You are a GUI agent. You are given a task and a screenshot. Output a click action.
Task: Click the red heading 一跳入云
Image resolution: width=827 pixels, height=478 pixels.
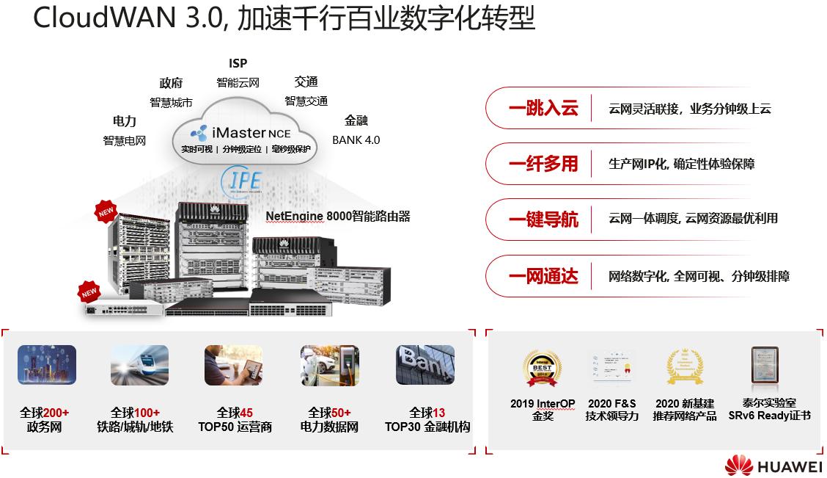click(x=543, y=109)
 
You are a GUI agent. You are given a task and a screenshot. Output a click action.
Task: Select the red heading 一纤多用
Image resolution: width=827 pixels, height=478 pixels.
click(x=543, y=164)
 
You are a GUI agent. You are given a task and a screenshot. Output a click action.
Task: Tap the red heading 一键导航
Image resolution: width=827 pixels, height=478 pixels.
click(x=543, y=219)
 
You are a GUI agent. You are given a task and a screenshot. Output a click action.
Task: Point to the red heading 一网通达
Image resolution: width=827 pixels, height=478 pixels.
click(x=543, y=276)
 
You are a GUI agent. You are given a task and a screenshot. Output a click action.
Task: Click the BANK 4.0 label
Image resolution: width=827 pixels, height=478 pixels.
click(x=356, y=140)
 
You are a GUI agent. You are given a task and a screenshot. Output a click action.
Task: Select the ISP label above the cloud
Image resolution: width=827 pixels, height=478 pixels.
click(x=238, y=64)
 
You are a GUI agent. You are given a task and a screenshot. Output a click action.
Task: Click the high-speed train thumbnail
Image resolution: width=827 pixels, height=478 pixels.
click(x=139, y=365)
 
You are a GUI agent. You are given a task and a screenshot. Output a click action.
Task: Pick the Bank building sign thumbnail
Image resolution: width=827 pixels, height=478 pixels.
click(x=425, y=365)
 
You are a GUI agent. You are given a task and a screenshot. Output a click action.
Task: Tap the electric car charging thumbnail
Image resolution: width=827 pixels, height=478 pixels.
click(x=329, y=365)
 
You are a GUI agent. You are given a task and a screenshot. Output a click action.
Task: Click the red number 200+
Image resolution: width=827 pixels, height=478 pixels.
click(x=56, y=413)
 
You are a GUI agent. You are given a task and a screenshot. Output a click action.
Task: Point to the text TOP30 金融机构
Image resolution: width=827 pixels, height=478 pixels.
click(x=427, y=427)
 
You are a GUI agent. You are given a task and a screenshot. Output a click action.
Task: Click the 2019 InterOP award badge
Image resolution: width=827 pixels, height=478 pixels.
click(x=542, y=368)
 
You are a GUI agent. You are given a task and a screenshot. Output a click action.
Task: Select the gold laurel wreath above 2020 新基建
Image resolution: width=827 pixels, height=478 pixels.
click(x=684, y=367)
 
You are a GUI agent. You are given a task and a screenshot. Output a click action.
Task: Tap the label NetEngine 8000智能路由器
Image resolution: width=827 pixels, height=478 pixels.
click(x=337, y=216)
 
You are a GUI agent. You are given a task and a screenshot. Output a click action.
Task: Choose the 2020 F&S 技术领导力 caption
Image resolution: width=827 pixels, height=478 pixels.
click(x=612, y=410)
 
